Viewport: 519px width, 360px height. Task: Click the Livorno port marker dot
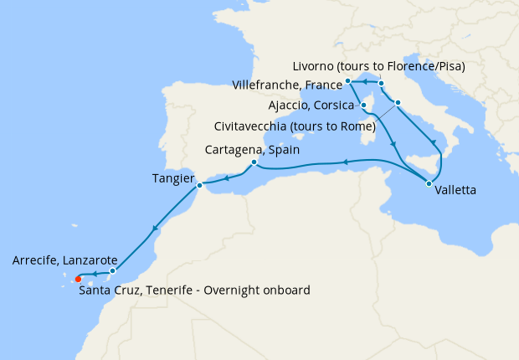pos(381,84)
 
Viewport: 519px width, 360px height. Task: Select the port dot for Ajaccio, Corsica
pos(363,105)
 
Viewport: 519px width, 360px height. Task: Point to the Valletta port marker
pos(429,183)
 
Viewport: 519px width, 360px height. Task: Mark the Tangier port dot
pos(199,184)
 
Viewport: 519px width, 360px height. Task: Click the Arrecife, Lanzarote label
pos(64,260)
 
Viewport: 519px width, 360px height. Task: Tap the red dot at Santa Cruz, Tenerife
pos(78,280)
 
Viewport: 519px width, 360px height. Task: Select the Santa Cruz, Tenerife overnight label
pos(194,290)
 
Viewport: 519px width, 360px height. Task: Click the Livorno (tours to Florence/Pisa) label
pos(379,65)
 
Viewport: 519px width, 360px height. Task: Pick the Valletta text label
pos(456,190)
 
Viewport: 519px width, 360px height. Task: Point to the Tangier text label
pos(173,178)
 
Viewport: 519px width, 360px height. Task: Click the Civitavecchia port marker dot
pos(397,103)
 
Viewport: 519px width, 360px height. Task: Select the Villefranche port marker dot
pos(348,81)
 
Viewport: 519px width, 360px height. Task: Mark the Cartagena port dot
pos(254,162)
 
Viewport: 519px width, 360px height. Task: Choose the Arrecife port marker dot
pos(112,271)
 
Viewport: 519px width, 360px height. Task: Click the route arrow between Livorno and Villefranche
pos(366,82)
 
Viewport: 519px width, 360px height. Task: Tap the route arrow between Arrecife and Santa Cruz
pos(95,274)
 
